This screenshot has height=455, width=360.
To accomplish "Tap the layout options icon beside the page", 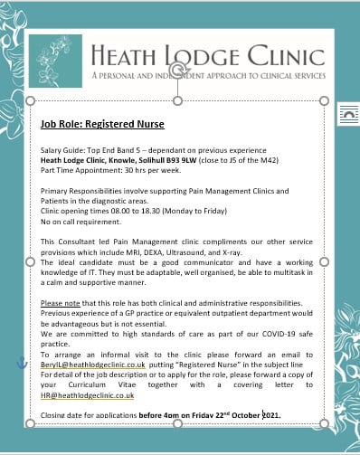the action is coord(346,114).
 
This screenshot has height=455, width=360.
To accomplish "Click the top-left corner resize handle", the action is coord(33,100).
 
